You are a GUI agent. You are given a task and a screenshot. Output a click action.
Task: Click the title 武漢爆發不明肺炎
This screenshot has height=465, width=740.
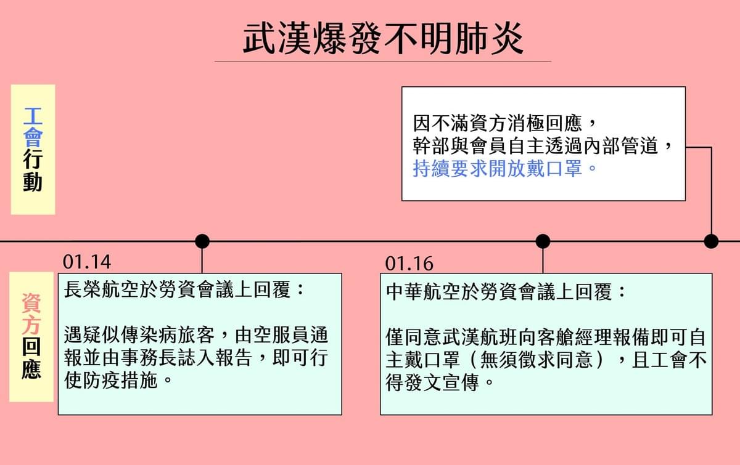(x=383, y=39)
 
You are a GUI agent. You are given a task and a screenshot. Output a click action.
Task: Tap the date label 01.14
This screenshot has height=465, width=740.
(x=87, y=262)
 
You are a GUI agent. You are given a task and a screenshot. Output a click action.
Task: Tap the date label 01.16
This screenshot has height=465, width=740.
(x=409, y=264)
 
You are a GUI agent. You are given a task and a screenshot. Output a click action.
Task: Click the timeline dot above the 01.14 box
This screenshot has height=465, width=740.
(x=202, y=241)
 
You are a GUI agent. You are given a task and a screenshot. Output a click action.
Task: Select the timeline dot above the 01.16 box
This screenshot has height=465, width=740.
(x=543, y=241)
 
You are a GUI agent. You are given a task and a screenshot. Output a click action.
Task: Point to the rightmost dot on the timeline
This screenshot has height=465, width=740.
(x=711, y=241)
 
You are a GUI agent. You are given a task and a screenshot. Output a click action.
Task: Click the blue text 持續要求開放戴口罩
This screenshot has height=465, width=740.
(x=497, y=169)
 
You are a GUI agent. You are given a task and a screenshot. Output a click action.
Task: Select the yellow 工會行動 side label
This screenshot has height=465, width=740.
(x=33, y=150)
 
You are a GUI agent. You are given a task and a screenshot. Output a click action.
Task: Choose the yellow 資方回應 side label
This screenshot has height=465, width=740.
(x=31, y=337)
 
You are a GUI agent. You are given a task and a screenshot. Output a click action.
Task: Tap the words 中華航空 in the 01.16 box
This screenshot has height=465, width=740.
(x=424, y=292)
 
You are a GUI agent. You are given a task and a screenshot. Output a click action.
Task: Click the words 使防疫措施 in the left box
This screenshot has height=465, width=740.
(x=110, y=381)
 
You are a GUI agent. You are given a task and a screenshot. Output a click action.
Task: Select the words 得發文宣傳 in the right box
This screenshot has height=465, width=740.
(x=432, y=382)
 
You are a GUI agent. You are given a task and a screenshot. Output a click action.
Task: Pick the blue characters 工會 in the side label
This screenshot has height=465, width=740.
(x=33, y=127)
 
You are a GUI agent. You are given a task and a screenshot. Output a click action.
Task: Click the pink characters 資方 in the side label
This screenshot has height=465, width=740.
(x=31, y=313)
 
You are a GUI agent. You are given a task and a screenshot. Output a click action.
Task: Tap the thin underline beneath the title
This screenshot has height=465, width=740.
(x=383, y=62)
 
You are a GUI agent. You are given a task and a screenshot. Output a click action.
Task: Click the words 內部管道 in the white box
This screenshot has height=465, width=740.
(x=621, y=146)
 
